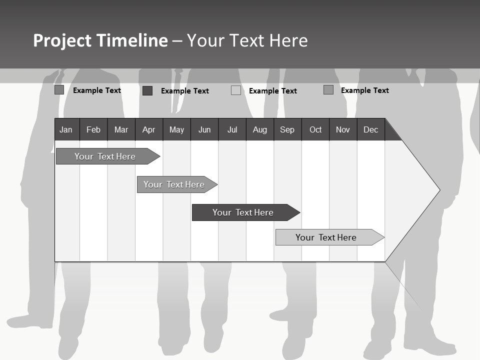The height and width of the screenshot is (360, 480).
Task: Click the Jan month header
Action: (x=66, y=130)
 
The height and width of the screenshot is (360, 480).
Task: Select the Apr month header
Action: (x=149, y=130)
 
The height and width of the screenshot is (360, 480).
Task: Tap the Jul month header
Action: (x=232, y=130)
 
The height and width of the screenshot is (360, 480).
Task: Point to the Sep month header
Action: (x=287, y=130)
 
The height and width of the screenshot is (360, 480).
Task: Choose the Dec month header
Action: (x=370, y=130)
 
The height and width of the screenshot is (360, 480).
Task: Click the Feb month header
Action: (x=93, y=130)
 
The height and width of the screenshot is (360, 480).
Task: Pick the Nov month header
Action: (x=343, y=130)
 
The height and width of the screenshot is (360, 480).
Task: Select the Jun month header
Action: (x=204, y=130)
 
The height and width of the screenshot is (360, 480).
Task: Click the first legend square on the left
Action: (x=59, y=90)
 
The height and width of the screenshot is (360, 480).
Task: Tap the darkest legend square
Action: (x=147, y=90)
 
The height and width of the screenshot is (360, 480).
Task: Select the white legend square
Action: (x=236, y=90)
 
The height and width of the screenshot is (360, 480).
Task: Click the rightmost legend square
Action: (x=328, y=90)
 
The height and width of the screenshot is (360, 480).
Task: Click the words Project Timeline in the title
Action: (x=100, y=40)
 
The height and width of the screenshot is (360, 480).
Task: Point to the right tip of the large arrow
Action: (x=438, y=190)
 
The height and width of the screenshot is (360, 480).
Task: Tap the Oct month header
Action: (x=315, y=130)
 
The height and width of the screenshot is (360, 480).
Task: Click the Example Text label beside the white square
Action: (x=272, y=91)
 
